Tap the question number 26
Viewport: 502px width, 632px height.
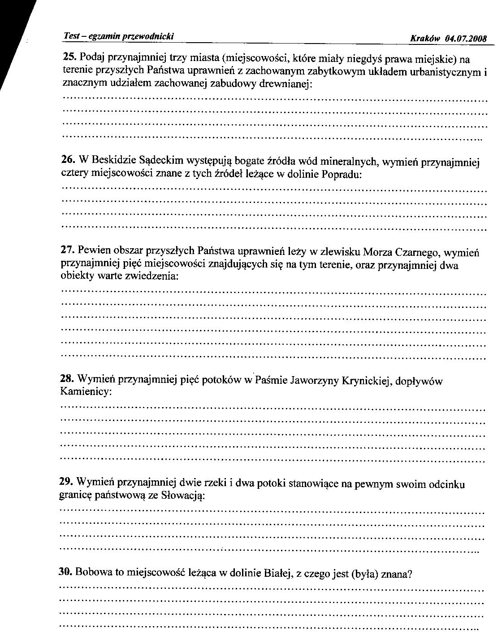click(x=68, y=159)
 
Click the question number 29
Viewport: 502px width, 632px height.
click(x=66, y=482)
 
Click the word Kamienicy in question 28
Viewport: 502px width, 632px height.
click(x=84, y=392)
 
